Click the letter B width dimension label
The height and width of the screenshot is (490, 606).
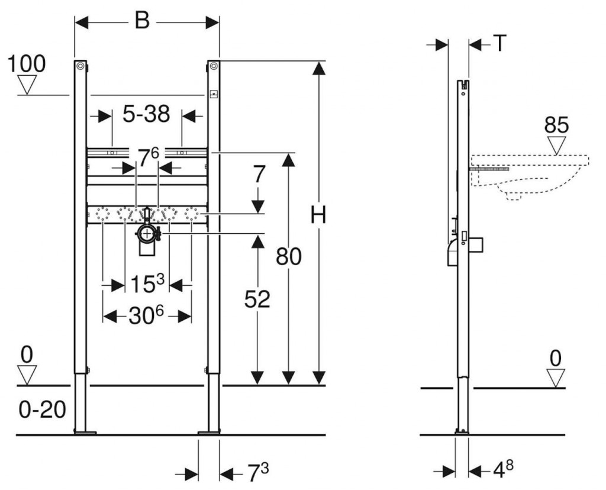pos(141,21)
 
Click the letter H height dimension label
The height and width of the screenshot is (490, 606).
pos(318,217)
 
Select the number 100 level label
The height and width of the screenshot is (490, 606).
pos(27,64)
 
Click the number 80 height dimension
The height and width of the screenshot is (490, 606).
pos(289,257)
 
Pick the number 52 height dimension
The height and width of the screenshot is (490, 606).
pos(257,299)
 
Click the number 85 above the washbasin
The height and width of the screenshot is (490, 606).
pos(556,125)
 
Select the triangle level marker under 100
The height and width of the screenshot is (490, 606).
pos(27,86)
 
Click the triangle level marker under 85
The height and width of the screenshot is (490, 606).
pos(556,144)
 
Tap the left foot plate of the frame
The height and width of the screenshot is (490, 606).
pos(85,433)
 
